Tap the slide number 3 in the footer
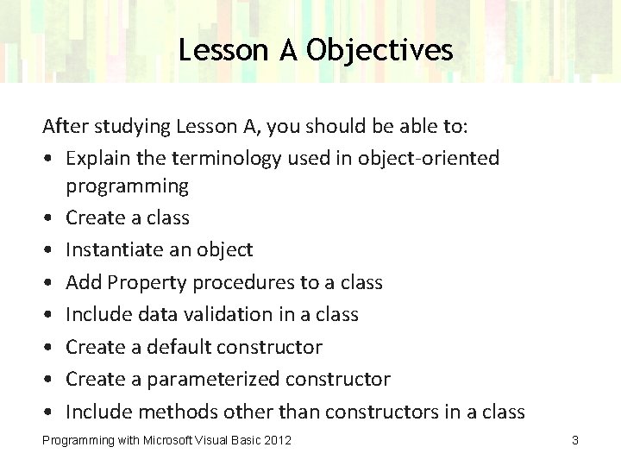point(574,441)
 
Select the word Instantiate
point(114,250)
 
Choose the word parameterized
point(217,380)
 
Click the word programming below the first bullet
point(127,186)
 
